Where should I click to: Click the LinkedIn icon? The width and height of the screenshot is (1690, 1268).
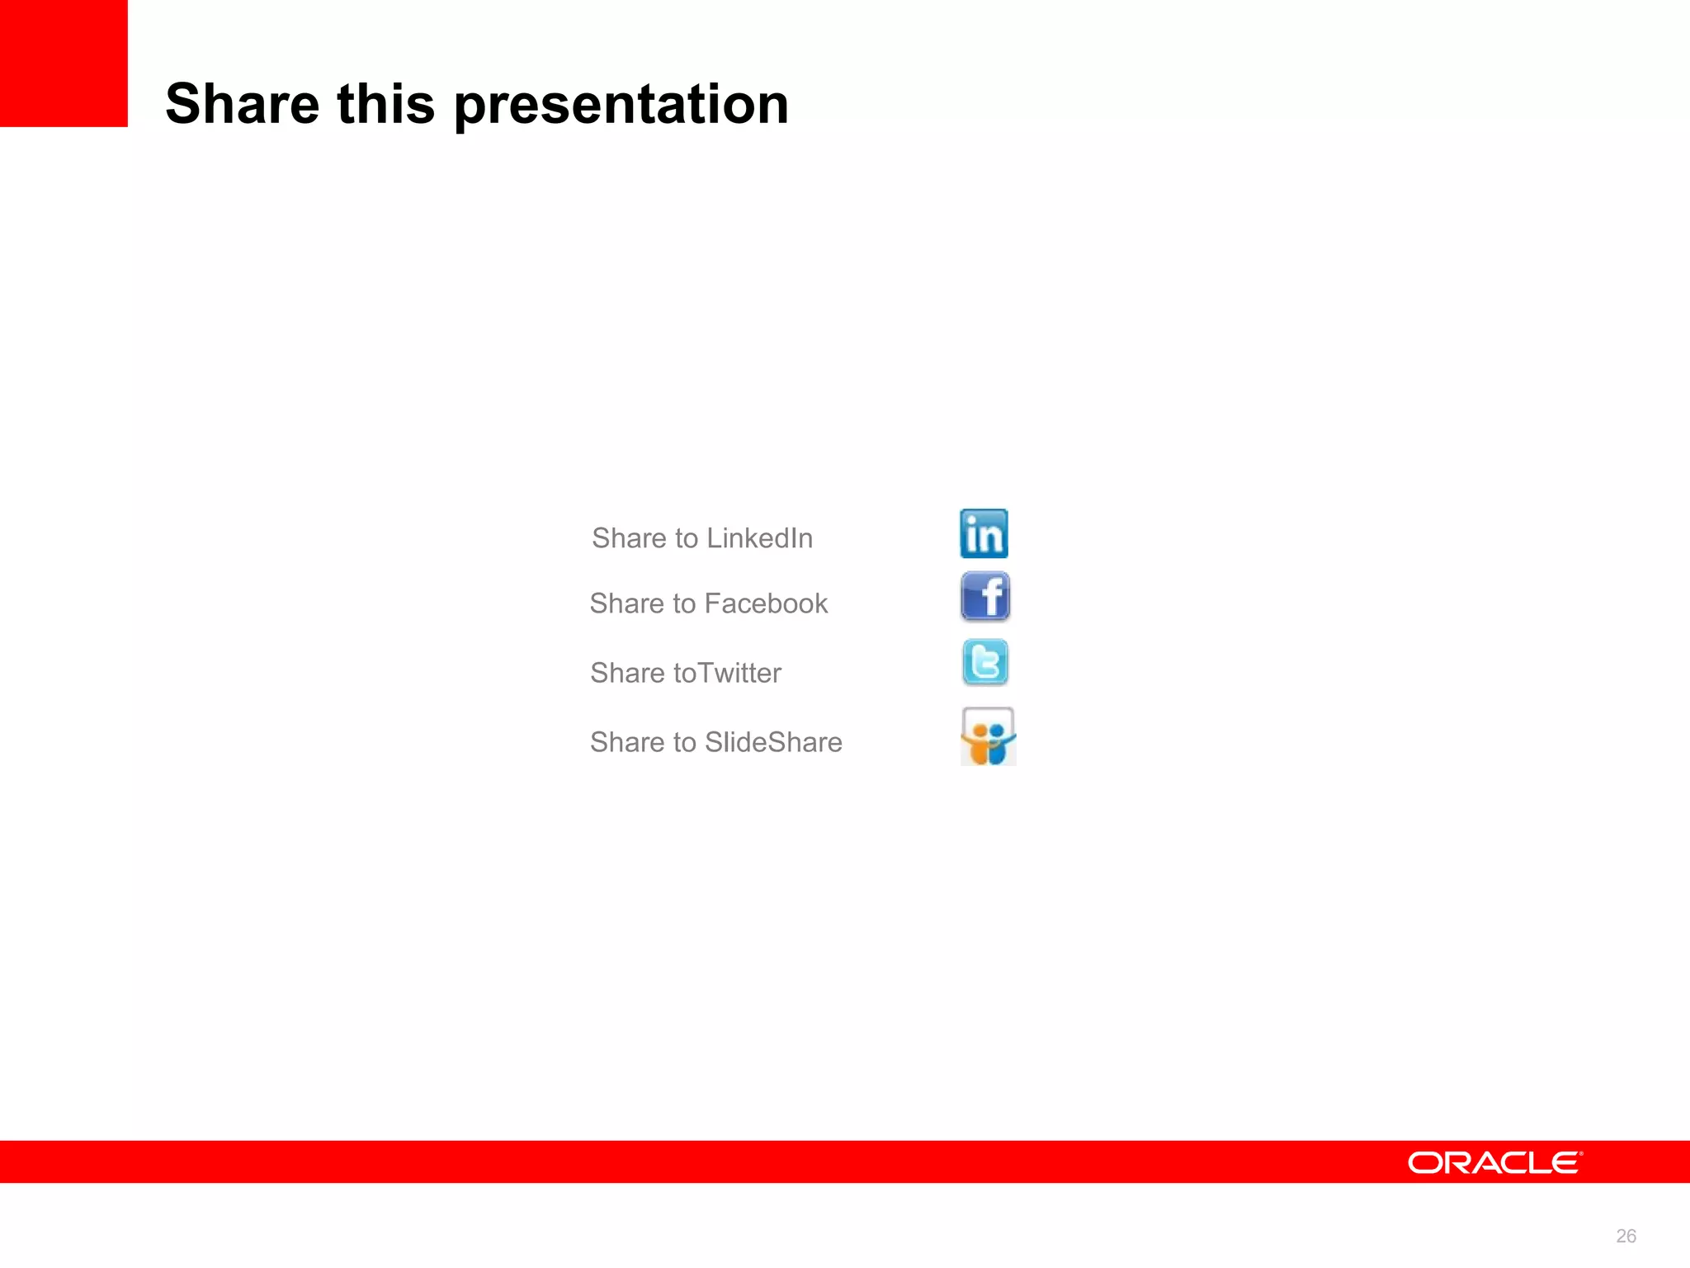pyautogui.click(x=984, y=533)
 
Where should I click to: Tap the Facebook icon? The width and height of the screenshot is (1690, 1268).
pyautogui.click(x=985, y=596)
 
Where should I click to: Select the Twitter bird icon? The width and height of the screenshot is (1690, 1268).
pyautogui.click(x=985, y=662)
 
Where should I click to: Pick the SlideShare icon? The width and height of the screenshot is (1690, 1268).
pyautogui.click(x=988, y=736)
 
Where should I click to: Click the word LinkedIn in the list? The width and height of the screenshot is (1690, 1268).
pyautogui.click(x=759, y=538)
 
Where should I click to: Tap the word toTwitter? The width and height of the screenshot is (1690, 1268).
pyautogui.click(x=727, y=673)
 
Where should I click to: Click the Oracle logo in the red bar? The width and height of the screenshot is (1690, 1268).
pyautogui.click(x=1494, y=1162)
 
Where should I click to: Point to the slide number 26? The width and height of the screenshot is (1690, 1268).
pyautogui.click(x=1626, y=1236)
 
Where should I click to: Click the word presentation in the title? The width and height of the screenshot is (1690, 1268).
pyautogui.click(x=621, y=106)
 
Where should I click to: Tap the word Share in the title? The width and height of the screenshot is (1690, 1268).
pyautogui.click(x=243, y=104)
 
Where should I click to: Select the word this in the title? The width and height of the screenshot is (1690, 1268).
pyautogui.click(x=385, y=104)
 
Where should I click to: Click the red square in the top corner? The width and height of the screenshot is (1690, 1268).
pyautogui.click(x=64, y=64)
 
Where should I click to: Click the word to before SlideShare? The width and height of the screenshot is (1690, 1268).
pyautogui.click(x=684, y=742)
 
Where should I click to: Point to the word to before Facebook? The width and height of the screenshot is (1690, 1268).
pyautogui.click(x=684, y=603)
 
